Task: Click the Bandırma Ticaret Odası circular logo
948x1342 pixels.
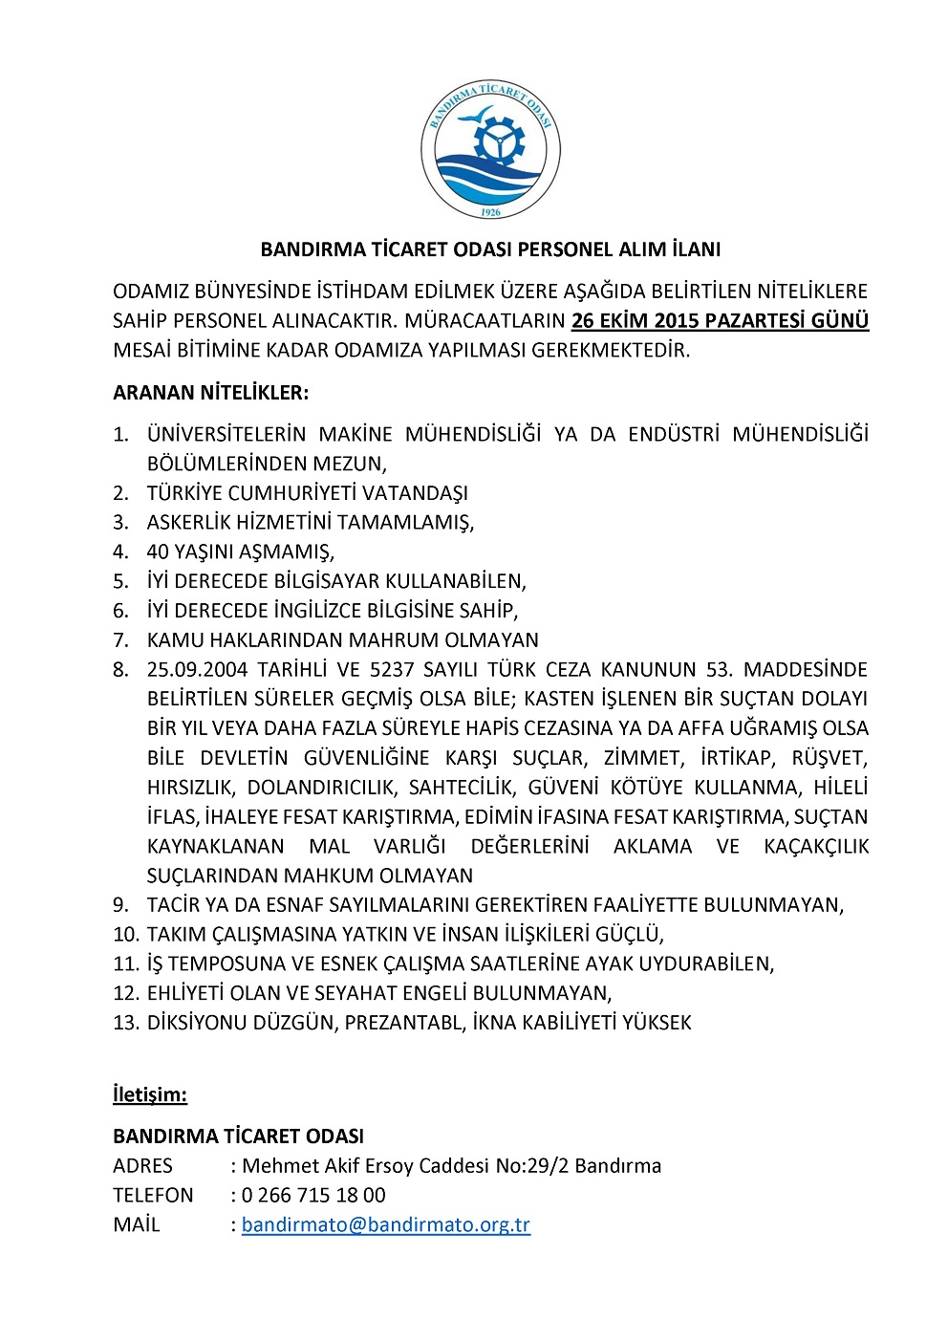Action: (x=490, y=151)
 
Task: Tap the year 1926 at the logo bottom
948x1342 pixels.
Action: (x=490, y=212)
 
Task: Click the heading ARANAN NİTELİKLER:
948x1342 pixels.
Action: (x=210, y=392)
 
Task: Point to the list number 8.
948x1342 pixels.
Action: (x=120, y=669)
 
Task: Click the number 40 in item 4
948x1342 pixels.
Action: (x=158, y=552)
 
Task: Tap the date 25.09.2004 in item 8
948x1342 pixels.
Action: (x=196, y=669)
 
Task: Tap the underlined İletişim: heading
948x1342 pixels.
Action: (x=150, y=1093)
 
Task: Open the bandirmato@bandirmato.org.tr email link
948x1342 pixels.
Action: (x=385, y=1224)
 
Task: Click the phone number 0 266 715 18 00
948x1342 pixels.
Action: (x=313, y=1195)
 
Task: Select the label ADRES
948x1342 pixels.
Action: (x=142, y=1165)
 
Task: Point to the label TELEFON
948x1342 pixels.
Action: (x=153, y=1195)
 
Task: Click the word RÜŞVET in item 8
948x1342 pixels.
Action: (x=829, y=757)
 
